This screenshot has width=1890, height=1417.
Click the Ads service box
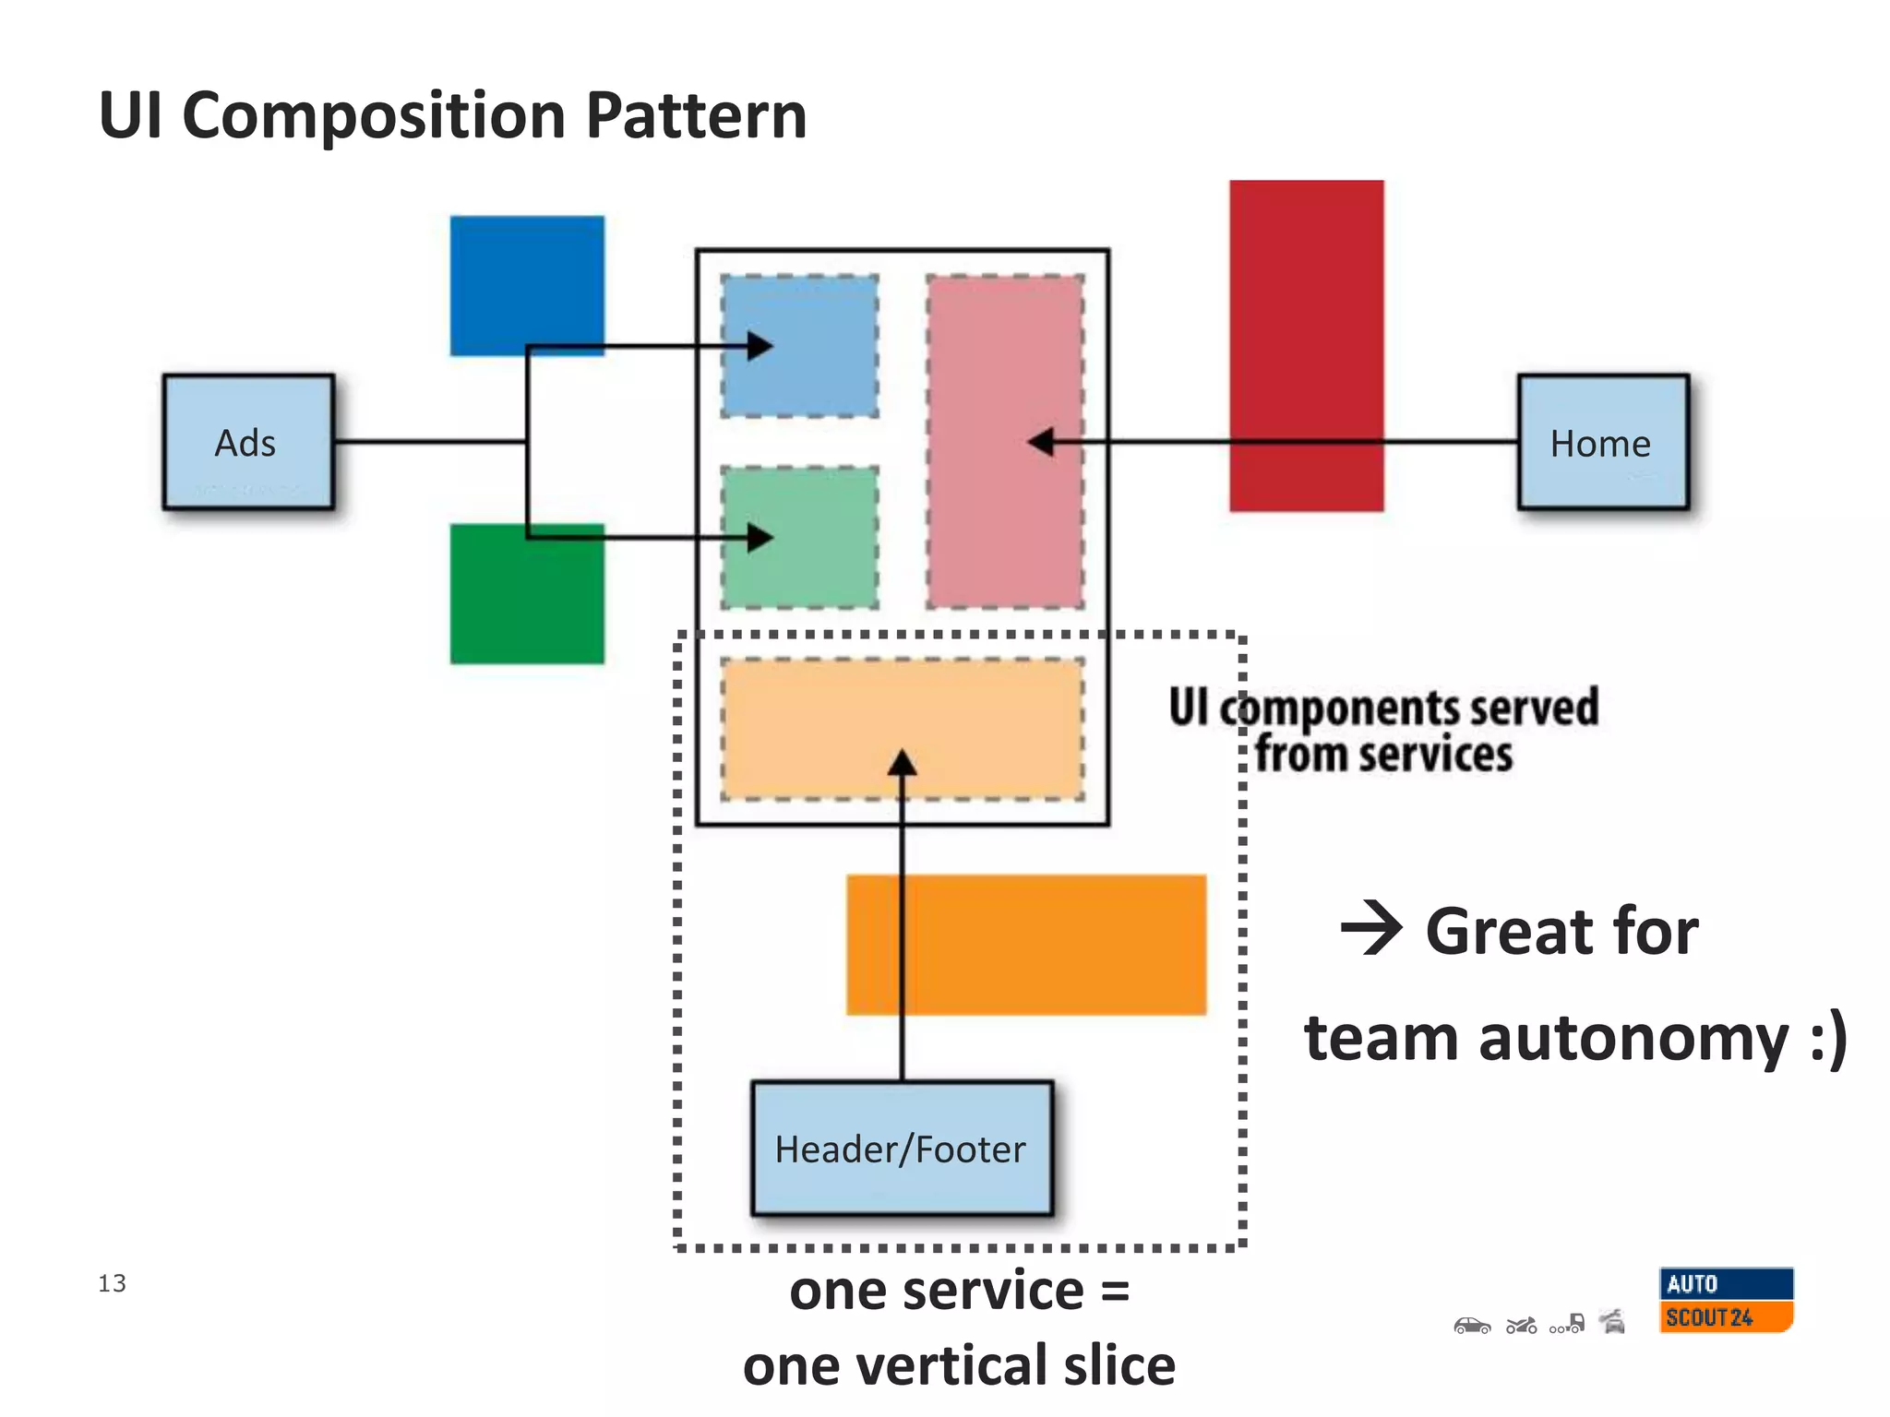click(x=247, y=442)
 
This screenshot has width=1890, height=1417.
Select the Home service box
click(x=1603, y=442)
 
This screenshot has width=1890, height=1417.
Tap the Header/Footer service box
click(x=902, y=1149)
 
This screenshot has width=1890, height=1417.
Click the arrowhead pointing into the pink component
click(x=1041, y=442)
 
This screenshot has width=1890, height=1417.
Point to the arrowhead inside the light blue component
click(x=760, y=346)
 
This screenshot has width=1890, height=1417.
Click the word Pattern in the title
click(x=696, y=116)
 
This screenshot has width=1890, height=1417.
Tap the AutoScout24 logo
click(x=1725, y=1300)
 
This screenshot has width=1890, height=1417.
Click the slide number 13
click(x=112, y=1283)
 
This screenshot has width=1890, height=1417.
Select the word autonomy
click(x=1633, y=1040)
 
